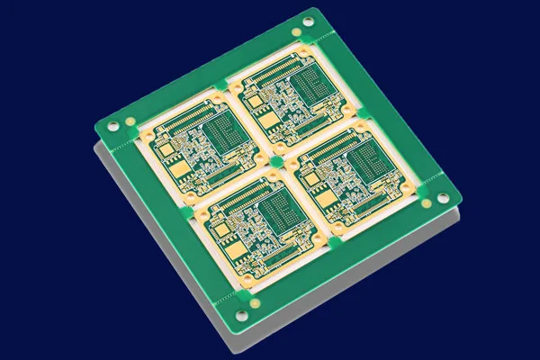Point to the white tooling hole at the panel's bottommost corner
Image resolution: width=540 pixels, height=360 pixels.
coord(241,314)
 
